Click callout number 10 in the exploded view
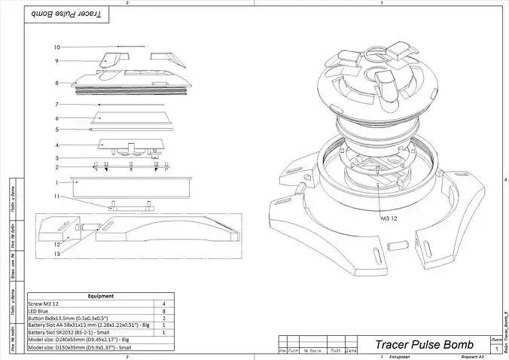click(56, 47)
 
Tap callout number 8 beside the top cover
click(56, 83)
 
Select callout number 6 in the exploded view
click(56, 118)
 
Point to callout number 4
click(56, 145)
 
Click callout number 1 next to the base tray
click(56, 182)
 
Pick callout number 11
click(56, 196)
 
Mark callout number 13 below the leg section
click(56, 254)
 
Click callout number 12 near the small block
click(56, 244)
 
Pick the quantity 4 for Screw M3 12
click(163, 304)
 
